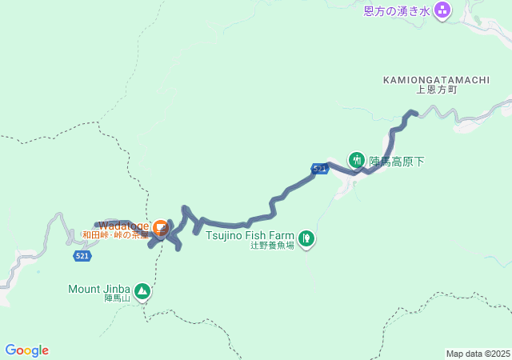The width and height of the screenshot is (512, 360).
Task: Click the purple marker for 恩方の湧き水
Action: coord(442,10)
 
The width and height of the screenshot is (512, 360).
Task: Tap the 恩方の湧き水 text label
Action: coord(397,10)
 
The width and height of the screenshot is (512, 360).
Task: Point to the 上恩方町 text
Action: coord(436,90)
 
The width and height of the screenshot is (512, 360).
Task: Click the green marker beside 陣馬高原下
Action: coord(356,159)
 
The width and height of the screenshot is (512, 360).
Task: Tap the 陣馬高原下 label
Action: coord(396,161)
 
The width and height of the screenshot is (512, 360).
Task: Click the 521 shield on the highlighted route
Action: coord(320,169)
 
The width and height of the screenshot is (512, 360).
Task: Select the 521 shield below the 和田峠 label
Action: coord(82,256)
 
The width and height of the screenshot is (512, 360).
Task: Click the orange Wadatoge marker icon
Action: coord(160,227)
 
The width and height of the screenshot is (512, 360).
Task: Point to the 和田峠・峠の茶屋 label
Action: coord(115,235)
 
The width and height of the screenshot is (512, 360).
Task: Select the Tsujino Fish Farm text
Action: coord(250,235)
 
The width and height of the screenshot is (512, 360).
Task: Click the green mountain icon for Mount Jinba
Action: coord(142,291)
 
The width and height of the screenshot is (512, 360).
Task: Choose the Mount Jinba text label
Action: coord(100,289)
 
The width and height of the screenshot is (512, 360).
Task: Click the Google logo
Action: coord(26,350)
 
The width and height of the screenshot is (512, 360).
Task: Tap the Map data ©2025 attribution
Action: coord(478,354)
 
